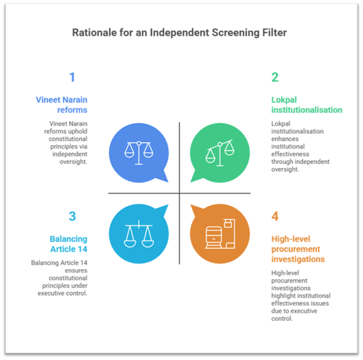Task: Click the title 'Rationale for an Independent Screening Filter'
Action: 179,33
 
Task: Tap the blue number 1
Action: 72,78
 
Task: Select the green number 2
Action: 275,78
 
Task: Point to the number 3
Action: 72,217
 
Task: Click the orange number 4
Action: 275,217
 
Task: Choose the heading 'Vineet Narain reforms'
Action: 61,104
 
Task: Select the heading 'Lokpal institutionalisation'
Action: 306,104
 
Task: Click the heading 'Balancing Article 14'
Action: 68,244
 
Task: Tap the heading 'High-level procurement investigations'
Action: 298,249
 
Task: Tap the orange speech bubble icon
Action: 219,234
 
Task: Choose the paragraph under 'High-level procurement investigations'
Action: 300,295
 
